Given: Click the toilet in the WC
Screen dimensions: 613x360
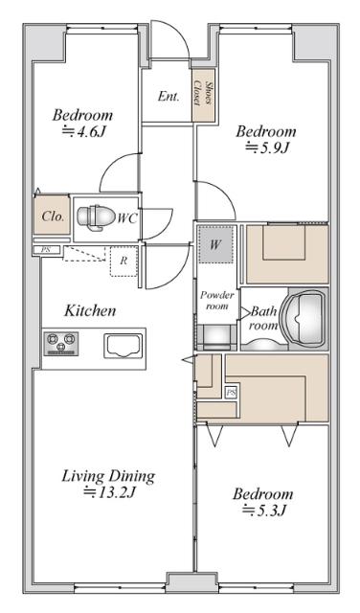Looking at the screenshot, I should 94,217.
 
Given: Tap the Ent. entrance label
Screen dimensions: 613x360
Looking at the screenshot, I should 169,96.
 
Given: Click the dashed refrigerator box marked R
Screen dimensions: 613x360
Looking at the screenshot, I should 124,261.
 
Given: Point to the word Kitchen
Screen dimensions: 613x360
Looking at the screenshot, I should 90,310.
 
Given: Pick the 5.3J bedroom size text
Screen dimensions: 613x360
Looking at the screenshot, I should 263,511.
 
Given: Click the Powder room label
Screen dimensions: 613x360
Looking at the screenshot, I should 216,300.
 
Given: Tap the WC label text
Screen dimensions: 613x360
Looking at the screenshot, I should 127,218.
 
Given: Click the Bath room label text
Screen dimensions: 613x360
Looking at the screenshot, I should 264,318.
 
